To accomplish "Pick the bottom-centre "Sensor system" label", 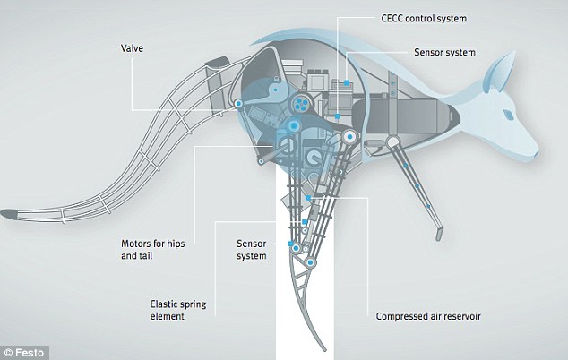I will [x=252, y=249].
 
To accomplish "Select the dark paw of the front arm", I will [x=438, y=232].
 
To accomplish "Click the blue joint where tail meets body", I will [x=238, y=105].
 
